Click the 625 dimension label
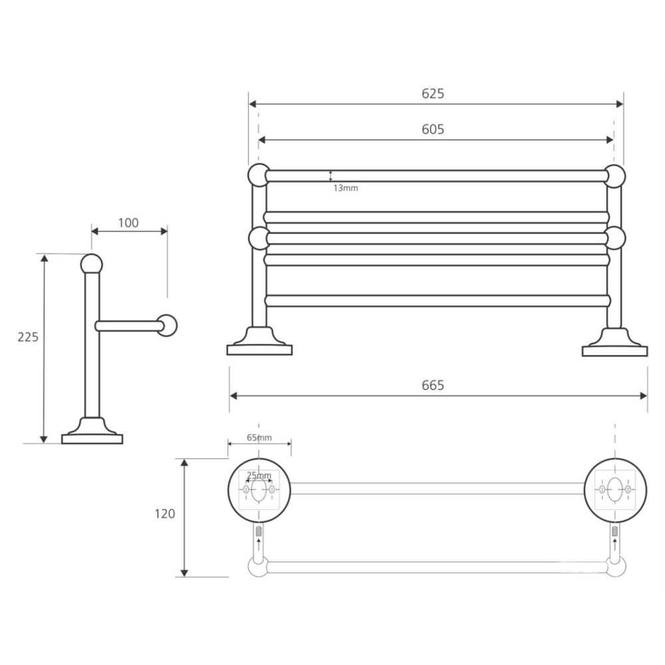pos(433,93)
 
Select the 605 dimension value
pos(433,129)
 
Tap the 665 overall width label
pos(433,385)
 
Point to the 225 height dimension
pos(28,336)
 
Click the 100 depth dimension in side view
pos(128,223)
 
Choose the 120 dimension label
pos(164,513)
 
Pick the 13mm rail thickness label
pos(346,188)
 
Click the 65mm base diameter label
pos(259,438)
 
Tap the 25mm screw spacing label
pos(259,475)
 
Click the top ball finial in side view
pos(92,264)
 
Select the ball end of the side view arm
pos(167,325)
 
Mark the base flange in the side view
pos(92,431)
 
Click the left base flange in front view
pos(259,341)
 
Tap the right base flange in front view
pos(615,342)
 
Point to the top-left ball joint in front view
pos(259,175)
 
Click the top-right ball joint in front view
pos(614,176)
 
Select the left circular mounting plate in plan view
pos(259,490)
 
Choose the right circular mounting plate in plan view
pos(615,490)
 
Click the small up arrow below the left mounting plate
pos(259,543)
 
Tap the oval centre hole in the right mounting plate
pos(614,489)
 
